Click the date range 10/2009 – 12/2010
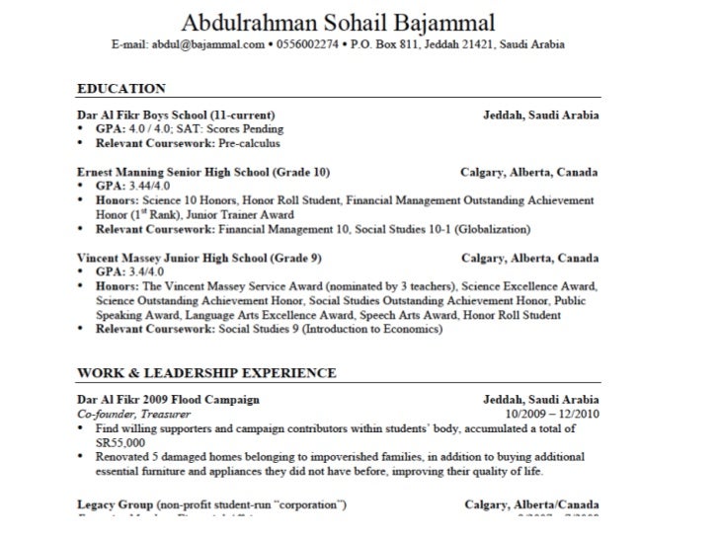pyautogui.click(x=551, y=414)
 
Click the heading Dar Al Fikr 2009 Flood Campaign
pyautogui.click(x=169, y=400)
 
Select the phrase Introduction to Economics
pyautogui.click(x=366, y=330)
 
